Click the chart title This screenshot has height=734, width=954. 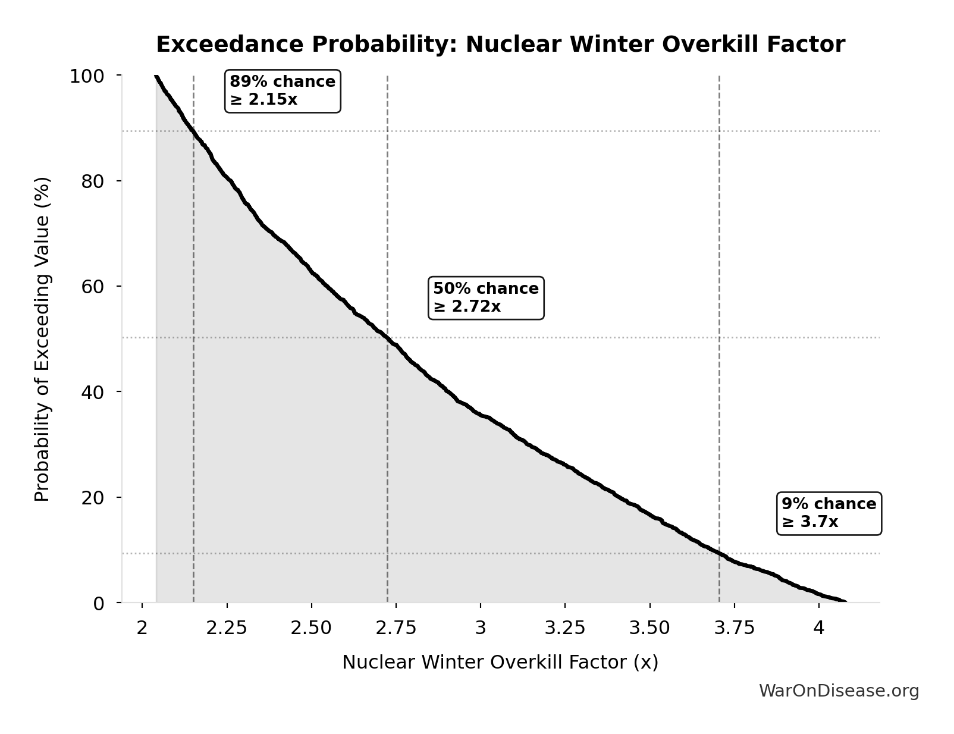point(500,45)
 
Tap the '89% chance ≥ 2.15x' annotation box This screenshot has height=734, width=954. point(283,90)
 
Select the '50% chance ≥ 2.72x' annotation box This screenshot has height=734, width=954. point(486,297)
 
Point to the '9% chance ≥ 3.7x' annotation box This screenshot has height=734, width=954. point(829,513)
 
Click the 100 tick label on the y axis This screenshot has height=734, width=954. point(87,76)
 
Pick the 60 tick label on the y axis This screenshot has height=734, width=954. point(93,287)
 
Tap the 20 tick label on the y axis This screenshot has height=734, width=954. point(93,498)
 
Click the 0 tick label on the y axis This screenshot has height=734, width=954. point(99,604)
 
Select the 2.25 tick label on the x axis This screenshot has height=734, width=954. point(227,628)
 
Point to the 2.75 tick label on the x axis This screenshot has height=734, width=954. point(396,628)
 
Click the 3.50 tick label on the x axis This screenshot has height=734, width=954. point(649,628)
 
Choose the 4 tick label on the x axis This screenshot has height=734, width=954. point(819,628)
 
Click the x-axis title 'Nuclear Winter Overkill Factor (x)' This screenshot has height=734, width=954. point(500,662)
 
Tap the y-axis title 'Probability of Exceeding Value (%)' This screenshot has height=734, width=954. point(42,339)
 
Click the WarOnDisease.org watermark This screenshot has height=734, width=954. point(839,691)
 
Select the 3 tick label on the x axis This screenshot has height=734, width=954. point(481,628)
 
